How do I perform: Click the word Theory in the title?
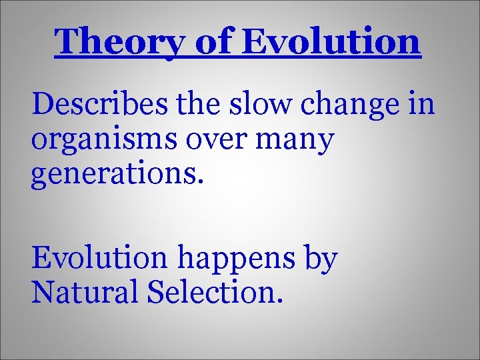[121, 43]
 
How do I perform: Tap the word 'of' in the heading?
[213, 43]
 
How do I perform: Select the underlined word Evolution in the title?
[331, 41]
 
